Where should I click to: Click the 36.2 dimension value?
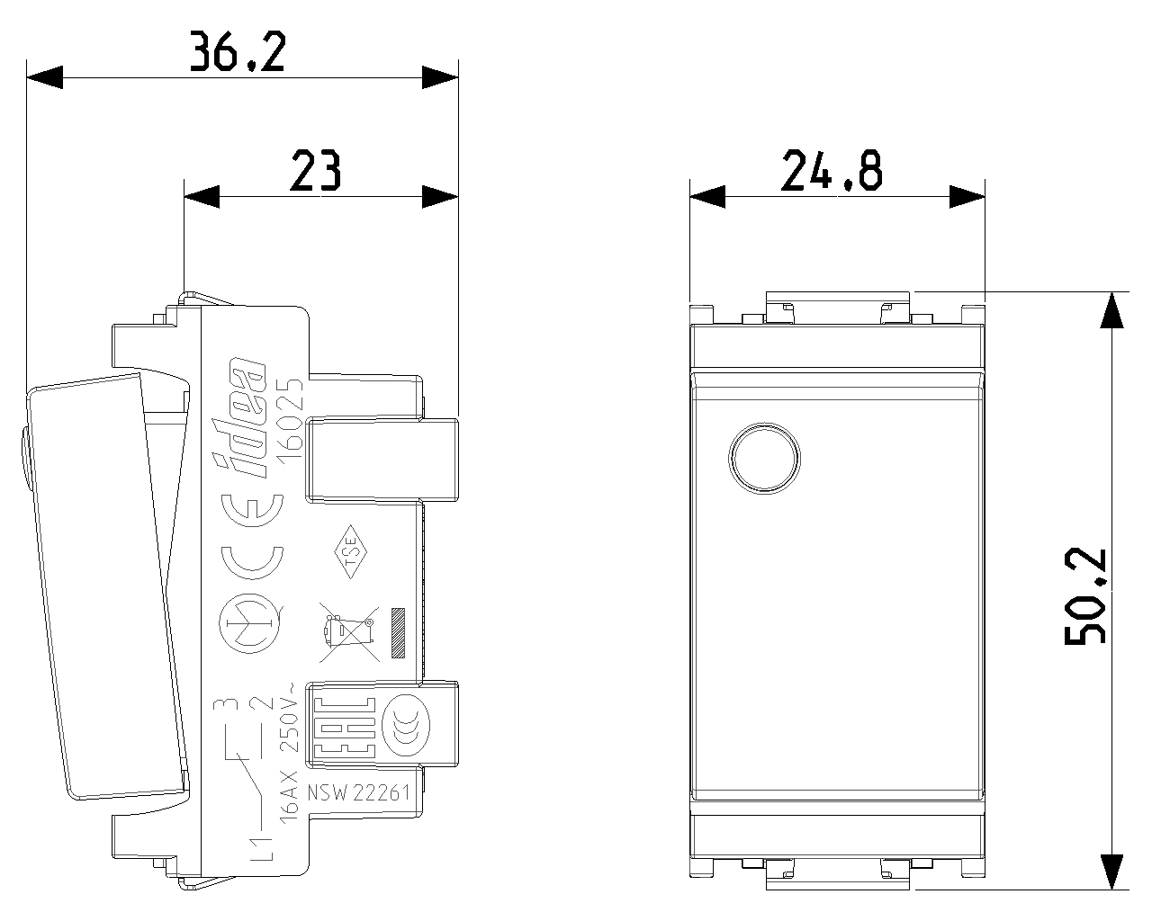pos(238,51)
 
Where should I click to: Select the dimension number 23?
pos(315,170)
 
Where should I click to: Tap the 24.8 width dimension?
pos(832,170)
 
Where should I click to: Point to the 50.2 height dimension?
pos(1084,595)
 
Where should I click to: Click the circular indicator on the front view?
pos(764,458)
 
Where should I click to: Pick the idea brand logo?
pos(239,417)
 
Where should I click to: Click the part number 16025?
pos(290,418)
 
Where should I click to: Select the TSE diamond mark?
pos(351,551)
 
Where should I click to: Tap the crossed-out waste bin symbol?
pos(349,632)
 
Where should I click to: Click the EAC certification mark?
pos(344,728)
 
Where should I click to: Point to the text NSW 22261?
pos(359,792)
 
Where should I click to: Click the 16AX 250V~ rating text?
pos(290,756)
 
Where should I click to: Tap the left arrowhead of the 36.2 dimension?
pos(44,77)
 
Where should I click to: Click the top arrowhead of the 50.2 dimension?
pos(1111,309)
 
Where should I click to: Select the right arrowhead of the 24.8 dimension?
pos(967,197)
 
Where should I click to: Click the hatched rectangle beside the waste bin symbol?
pos(399,632)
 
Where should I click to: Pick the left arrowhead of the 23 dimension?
pos(202,196)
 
